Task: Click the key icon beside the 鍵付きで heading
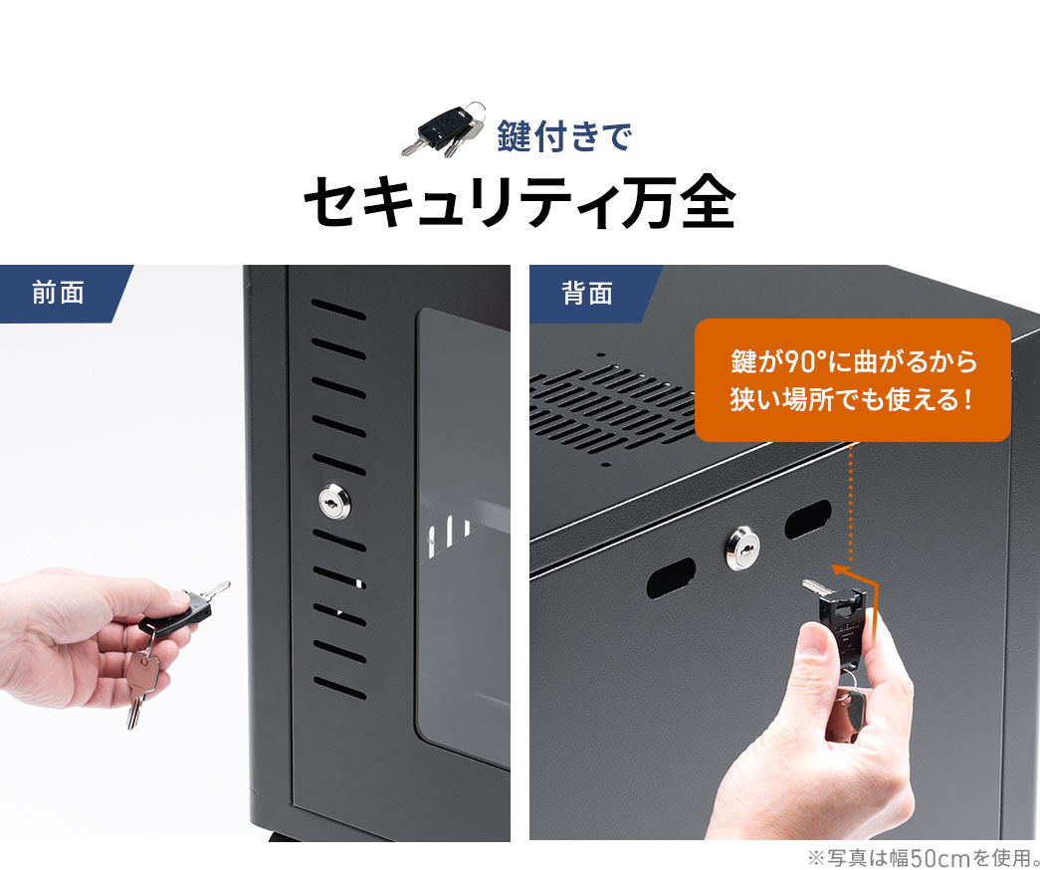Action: click(444, 129)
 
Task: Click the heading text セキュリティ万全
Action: click(519, 203)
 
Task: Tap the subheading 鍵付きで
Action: click(564, 135)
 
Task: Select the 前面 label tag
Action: click(58, 293)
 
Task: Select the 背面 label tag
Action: click(587, 293)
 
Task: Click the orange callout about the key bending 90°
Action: click(852, 380)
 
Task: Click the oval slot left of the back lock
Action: click(672, 577)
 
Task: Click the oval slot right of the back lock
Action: click(807, 519)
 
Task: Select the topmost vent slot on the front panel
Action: click(337, 310)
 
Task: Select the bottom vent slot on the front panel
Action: click(339, 687)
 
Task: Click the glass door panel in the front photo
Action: click(463, 538)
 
